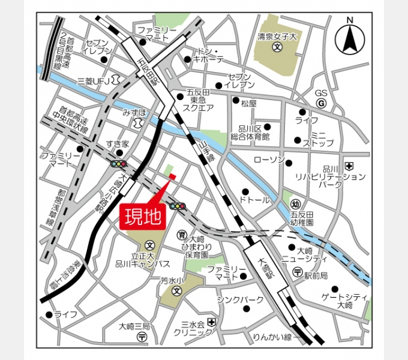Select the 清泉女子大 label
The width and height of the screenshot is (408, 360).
[277, 35]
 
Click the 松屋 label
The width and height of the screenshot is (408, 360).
[248, 103]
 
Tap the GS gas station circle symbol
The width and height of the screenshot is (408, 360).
[321, 103]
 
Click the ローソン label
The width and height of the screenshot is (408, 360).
[269, 160]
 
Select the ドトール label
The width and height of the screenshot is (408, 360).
[254, 200]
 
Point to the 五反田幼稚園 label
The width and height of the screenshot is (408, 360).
[302, 218]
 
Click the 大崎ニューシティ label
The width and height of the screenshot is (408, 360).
[308, 254]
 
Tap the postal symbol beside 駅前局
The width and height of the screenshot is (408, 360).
[298, 273]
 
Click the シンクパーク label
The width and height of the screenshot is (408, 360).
[241, 299]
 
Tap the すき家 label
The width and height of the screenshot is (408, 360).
[118, 144]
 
